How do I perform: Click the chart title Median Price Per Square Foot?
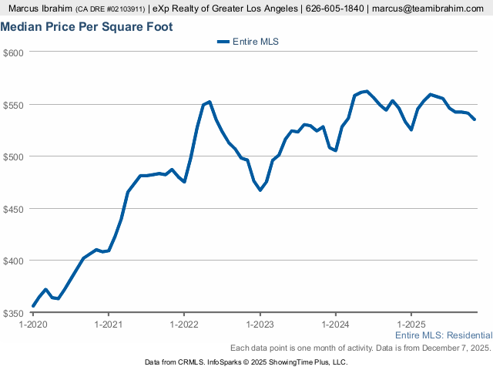pos(86,27)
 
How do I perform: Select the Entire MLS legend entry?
pos(247,42)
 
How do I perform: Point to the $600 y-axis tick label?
pos(15,52)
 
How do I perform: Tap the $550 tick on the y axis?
pos(15,105)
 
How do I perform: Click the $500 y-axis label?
pos(15,156)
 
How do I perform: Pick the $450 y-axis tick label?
pos(15,209)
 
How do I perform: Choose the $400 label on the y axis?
pos(15,261)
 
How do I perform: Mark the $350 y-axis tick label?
pos(15,313)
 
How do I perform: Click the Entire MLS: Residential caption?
pos(444,336)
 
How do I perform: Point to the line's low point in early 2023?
pos(260,190)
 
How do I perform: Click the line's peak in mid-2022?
pos(210,102)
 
